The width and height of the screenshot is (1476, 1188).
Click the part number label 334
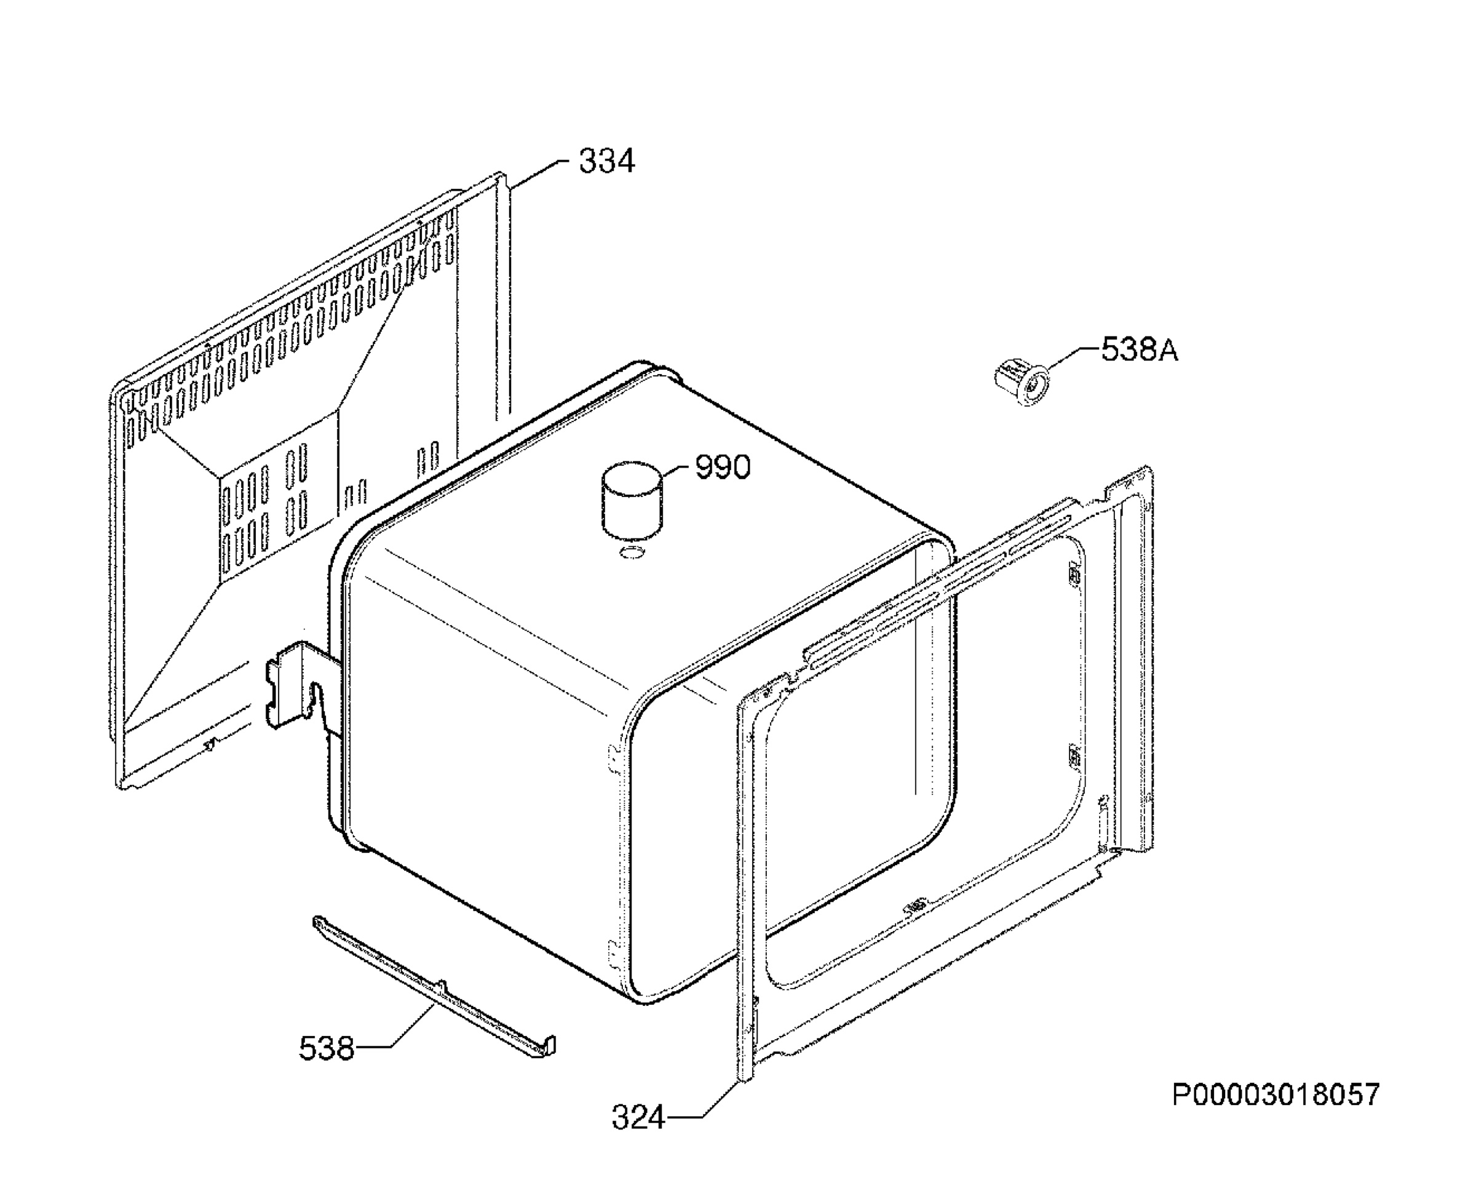pos(606,162)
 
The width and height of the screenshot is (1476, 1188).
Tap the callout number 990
pos(723,467)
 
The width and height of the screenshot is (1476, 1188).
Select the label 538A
pos(1140,350)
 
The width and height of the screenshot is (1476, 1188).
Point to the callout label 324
pos(638,1118)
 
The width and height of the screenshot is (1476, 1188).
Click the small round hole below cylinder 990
pos(630,552)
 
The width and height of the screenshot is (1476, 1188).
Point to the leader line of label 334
pos(537,173)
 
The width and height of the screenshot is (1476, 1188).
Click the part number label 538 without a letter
pos(327,1048)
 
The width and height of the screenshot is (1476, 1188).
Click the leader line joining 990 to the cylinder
pos(679,472)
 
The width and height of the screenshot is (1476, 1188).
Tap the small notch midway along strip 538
pos(442,986)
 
